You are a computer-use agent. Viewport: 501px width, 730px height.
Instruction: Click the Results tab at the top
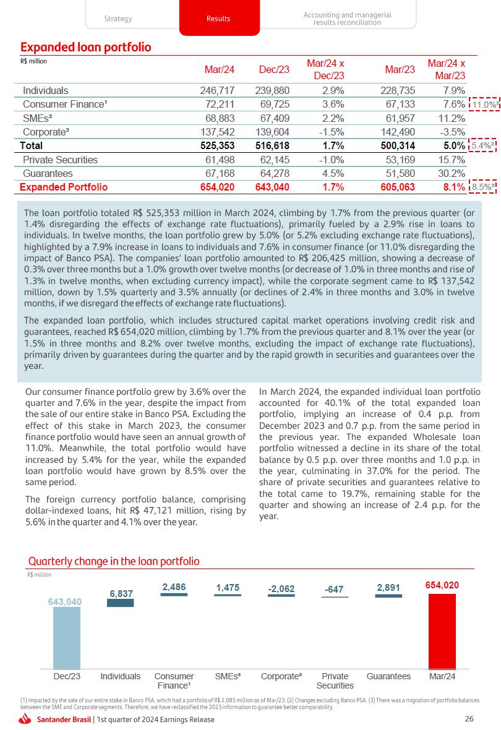coord(218,19)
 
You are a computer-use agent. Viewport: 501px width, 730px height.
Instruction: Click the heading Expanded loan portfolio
coord(85,48)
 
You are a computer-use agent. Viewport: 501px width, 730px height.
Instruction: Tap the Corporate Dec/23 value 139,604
coord(272,132)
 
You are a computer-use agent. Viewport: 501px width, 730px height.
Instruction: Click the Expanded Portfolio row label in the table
coord(64,187)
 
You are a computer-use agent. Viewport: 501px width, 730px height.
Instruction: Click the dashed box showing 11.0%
coord(484,105)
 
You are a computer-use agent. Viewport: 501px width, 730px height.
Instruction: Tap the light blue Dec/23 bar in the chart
coord(66,637)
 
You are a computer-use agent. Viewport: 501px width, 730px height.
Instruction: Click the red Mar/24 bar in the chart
coord(442,631)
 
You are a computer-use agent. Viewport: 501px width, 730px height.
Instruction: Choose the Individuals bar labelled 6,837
coord(121,603)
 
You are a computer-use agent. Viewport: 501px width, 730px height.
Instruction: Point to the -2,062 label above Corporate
coord(281,589)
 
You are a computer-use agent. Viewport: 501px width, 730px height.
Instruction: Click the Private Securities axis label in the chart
coord(335,681)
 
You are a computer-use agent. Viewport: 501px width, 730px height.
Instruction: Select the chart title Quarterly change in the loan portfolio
coord(114,561)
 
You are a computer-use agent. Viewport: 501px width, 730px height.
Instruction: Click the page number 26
coord(469,719)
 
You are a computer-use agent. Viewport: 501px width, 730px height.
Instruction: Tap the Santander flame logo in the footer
coord(25,719)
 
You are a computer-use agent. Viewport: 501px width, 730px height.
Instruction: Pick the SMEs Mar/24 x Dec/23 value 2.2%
coord(331,118)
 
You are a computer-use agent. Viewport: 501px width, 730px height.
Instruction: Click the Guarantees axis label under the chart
coord(388,676)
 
